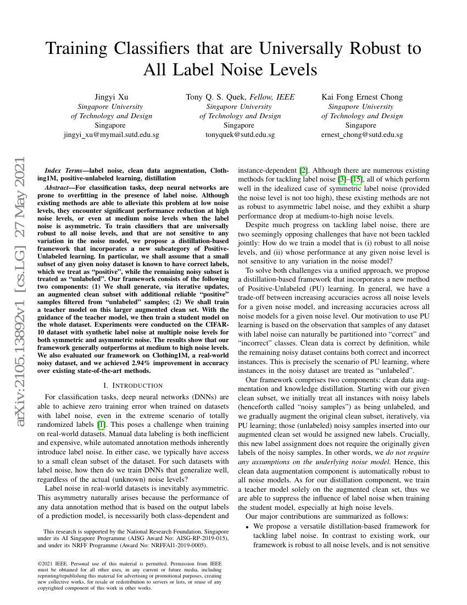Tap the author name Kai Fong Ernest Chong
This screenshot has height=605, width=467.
362,97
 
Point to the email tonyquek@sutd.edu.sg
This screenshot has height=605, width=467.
240,135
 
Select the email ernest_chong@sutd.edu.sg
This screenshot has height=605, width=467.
362,135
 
